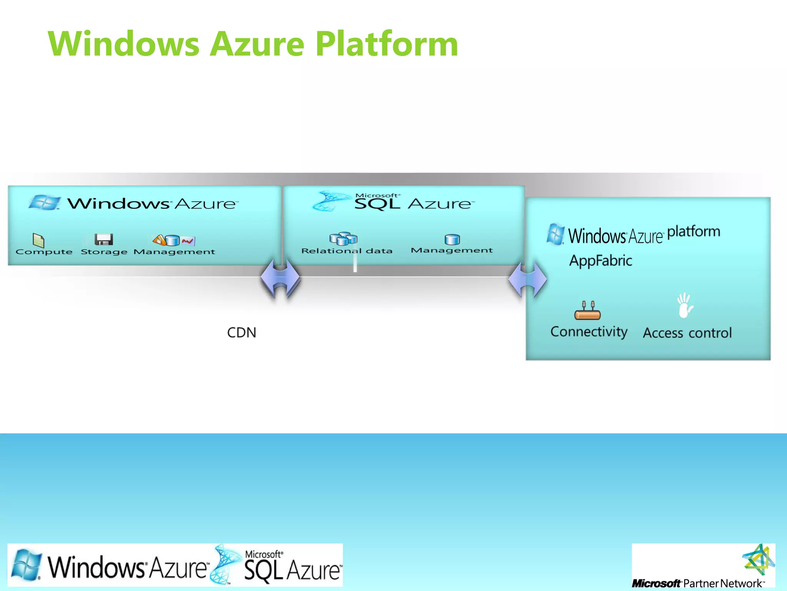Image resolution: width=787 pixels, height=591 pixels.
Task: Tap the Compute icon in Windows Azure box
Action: point(38,240)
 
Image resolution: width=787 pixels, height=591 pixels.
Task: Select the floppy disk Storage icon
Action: point(104,239)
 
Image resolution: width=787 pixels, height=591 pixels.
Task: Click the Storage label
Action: point(104,252)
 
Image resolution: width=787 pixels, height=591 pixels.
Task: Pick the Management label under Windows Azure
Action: point(174,252)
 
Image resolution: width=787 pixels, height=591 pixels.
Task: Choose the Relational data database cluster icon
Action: point(343,239)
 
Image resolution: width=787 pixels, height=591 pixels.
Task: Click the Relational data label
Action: point(347,251)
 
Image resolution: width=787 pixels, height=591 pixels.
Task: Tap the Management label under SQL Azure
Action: point(452,250)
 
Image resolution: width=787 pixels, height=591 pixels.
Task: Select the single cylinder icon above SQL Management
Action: point(452,239)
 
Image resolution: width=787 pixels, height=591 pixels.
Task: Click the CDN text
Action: point(241,332)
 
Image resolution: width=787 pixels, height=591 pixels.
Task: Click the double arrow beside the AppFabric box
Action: point(527,280)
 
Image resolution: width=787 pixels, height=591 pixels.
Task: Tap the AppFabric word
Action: point(601,261)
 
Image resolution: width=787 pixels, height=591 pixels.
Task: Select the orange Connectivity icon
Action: point(587,311)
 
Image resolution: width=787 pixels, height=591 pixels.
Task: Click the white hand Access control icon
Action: point(685,306)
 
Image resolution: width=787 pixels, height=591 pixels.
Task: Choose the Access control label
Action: point(687,333)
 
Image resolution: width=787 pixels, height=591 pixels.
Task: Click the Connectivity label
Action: point(589,332)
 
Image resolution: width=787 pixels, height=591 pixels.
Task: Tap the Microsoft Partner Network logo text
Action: point(697,583)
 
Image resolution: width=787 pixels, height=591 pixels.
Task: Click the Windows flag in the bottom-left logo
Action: point(26,564)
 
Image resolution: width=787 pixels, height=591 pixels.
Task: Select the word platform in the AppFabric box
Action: point(693,232)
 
